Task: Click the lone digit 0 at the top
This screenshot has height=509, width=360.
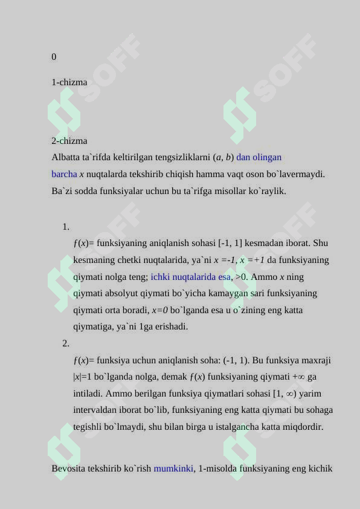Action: point(54,57)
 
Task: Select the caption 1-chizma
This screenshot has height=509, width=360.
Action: point(69,82)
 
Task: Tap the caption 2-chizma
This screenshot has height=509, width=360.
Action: point(69,141)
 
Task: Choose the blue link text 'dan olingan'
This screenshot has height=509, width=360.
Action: point(259,157)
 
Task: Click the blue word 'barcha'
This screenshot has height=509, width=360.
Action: point(64,174)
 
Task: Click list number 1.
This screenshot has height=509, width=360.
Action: point(65,227)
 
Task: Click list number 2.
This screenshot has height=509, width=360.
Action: point(65,344)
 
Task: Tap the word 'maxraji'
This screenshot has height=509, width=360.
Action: point(316,361)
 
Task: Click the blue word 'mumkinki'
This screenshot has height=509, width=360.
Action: point(173,468)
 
